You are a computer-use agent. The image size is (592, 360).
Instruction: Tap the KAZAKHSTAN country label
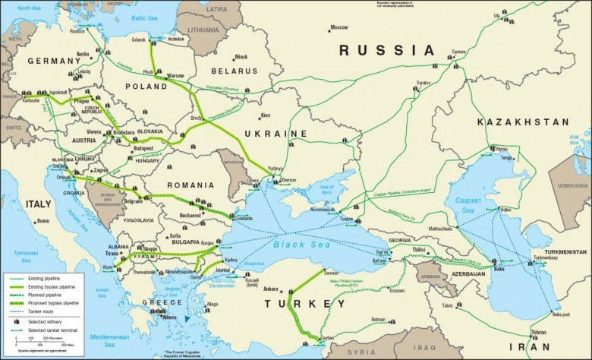coord(523,122)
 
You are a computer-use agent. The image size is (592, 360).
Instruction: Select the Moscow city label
coord(338,27)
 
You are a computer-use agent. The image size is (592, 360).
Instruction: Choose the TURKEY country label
coord(299,304)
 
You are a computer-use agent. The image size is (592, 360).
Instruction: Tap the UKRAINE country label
coord(276,134)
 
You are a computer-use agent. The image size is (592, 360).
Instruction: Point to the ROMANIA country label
coord(190,185)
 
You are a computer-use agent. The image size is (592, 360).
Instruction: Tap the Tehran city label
coord(537,333)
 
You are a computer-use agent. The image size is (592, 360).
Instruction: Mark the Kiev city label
coord(266,115)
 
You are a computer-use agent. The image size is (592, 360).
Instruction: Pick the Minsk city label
coord(241,57)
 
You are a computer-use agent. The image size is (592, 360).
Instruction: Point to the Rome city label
coord(43,221)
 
